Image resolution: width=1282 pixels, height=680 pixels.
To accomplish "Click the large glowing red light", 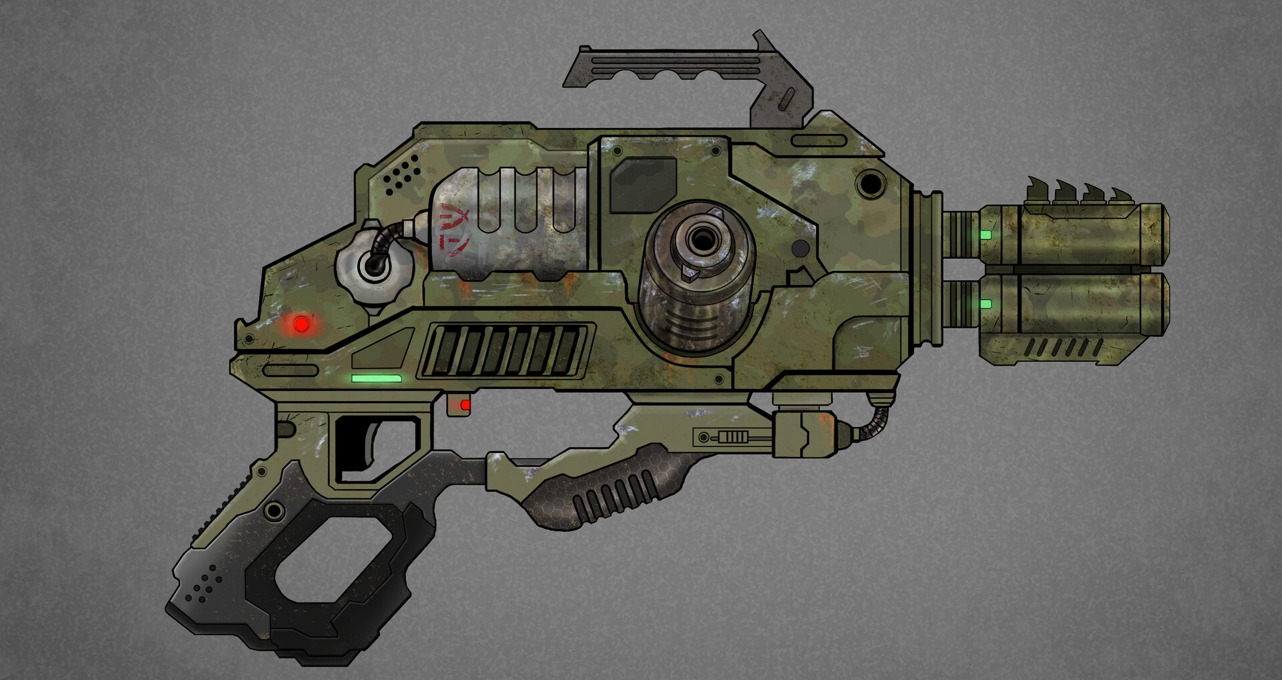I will click(302, 324).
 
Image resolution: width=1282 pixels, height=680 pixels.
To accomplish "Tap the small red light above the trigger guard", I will click(465, 405).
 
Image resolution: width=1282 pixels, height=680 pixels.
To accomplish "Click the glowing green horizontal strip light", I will click(376, 378).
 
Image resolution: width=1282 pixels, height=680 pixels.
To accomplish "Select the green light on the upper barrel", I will click(986, 235).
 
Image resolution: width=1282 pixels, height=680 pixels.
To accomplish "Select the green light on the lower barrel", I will click(986, 304).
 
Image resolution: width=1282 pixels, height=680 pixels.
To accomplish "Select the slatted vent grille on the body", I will click(505, 350).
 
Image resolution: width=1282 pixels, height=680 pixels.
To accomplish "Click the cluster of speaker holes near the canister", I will click(402, 175).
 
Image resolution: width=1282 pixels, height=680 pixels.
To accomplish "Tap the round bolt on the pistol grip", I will click(274, 512).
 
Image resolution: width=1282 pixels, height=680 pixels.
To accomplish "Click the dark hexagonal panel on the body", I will click(642, 184).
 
